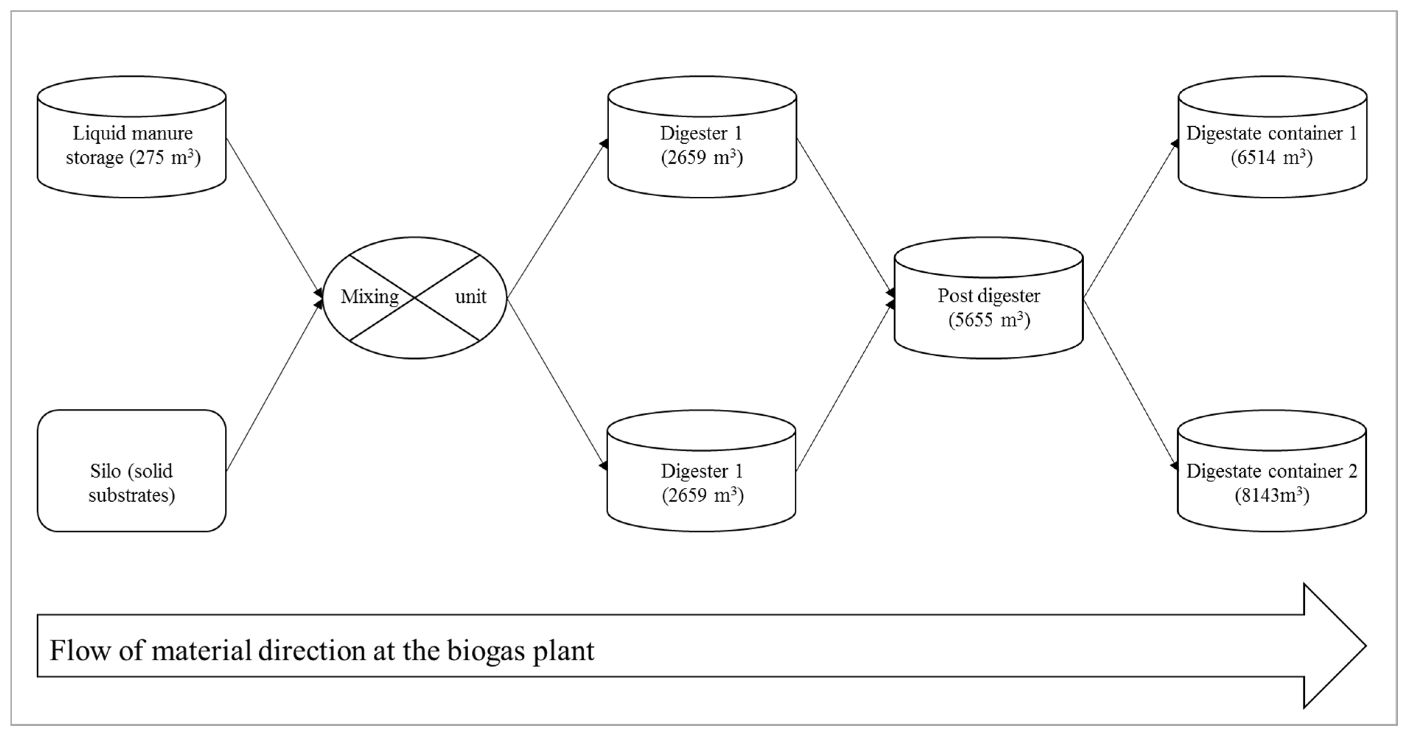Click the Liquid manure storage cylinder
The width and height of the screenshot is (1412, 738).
(132, 137)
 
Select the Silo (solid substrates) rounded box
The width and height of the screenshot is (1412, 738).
(132, 471)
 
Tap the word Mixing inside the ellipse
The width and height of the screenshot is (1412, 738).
(370, 297)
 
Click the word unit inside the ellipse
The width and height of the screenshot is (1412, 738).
(470, 297)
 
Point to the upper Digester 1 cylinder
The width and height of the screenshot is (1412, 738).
(702, 137)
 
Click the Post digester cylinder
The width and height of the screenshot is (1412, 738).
(988, 299)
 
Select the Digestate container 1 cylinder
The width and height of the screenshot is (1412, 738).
(1272, 137)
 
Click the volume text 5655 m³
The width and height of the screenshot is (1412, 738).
(989, 320)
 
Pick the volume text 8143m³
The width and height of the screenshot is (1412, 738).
(1272, 496)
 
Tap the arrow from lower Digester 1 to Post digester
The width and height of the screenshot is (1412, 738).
(844, 387)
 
